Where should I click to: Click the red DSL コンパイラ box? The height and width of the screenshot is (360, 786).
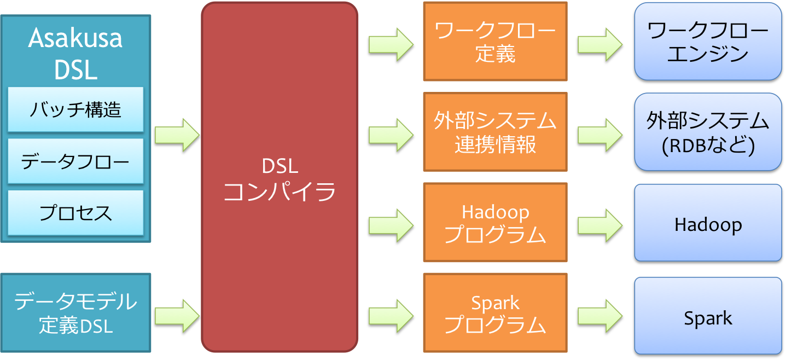tap(280, 178)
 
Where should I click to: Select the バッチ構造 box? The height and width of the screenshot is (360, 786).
tap(75, 110)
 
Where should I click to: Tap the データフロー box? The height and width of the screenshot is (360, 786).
tap(75, 161)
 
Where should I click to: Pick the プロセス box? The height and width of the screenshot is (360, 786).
tap(75, 213)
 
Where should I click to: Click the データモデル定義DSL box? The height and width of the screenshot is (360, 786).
tap(75, 313)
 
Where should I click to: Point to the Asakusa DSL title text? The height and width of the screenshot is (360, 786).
tap(75, 54)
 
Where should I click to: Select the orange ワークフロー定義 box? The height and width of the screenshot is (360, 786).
tap(495, 42)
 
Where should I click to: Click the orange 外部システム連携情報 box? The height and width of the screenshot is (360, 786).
tap(495, 132)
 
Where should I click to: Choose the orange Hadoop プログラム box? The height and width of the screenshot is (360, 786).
tap(495, 223)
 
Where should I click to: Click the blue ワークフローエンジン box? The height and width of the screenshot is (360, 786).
tap(708, 42)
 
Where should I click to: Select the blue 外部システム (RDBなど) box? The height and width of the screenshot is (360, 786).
tap(708, 132)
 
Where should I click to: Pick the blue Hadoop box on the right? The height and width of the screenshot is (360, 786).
tap(708, 223)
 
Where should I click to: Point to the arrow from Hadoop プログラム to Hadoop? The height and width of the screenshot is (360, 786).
tap(599, 224)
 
